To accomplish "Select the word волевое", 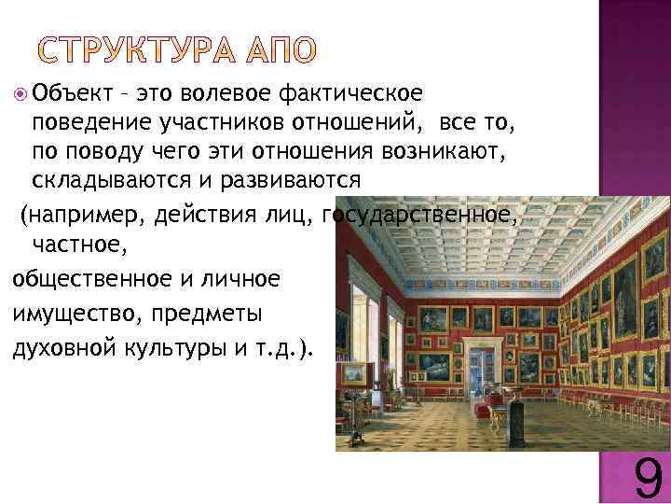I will pos(228,93).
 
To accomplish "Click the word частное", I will pos(74,245).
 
